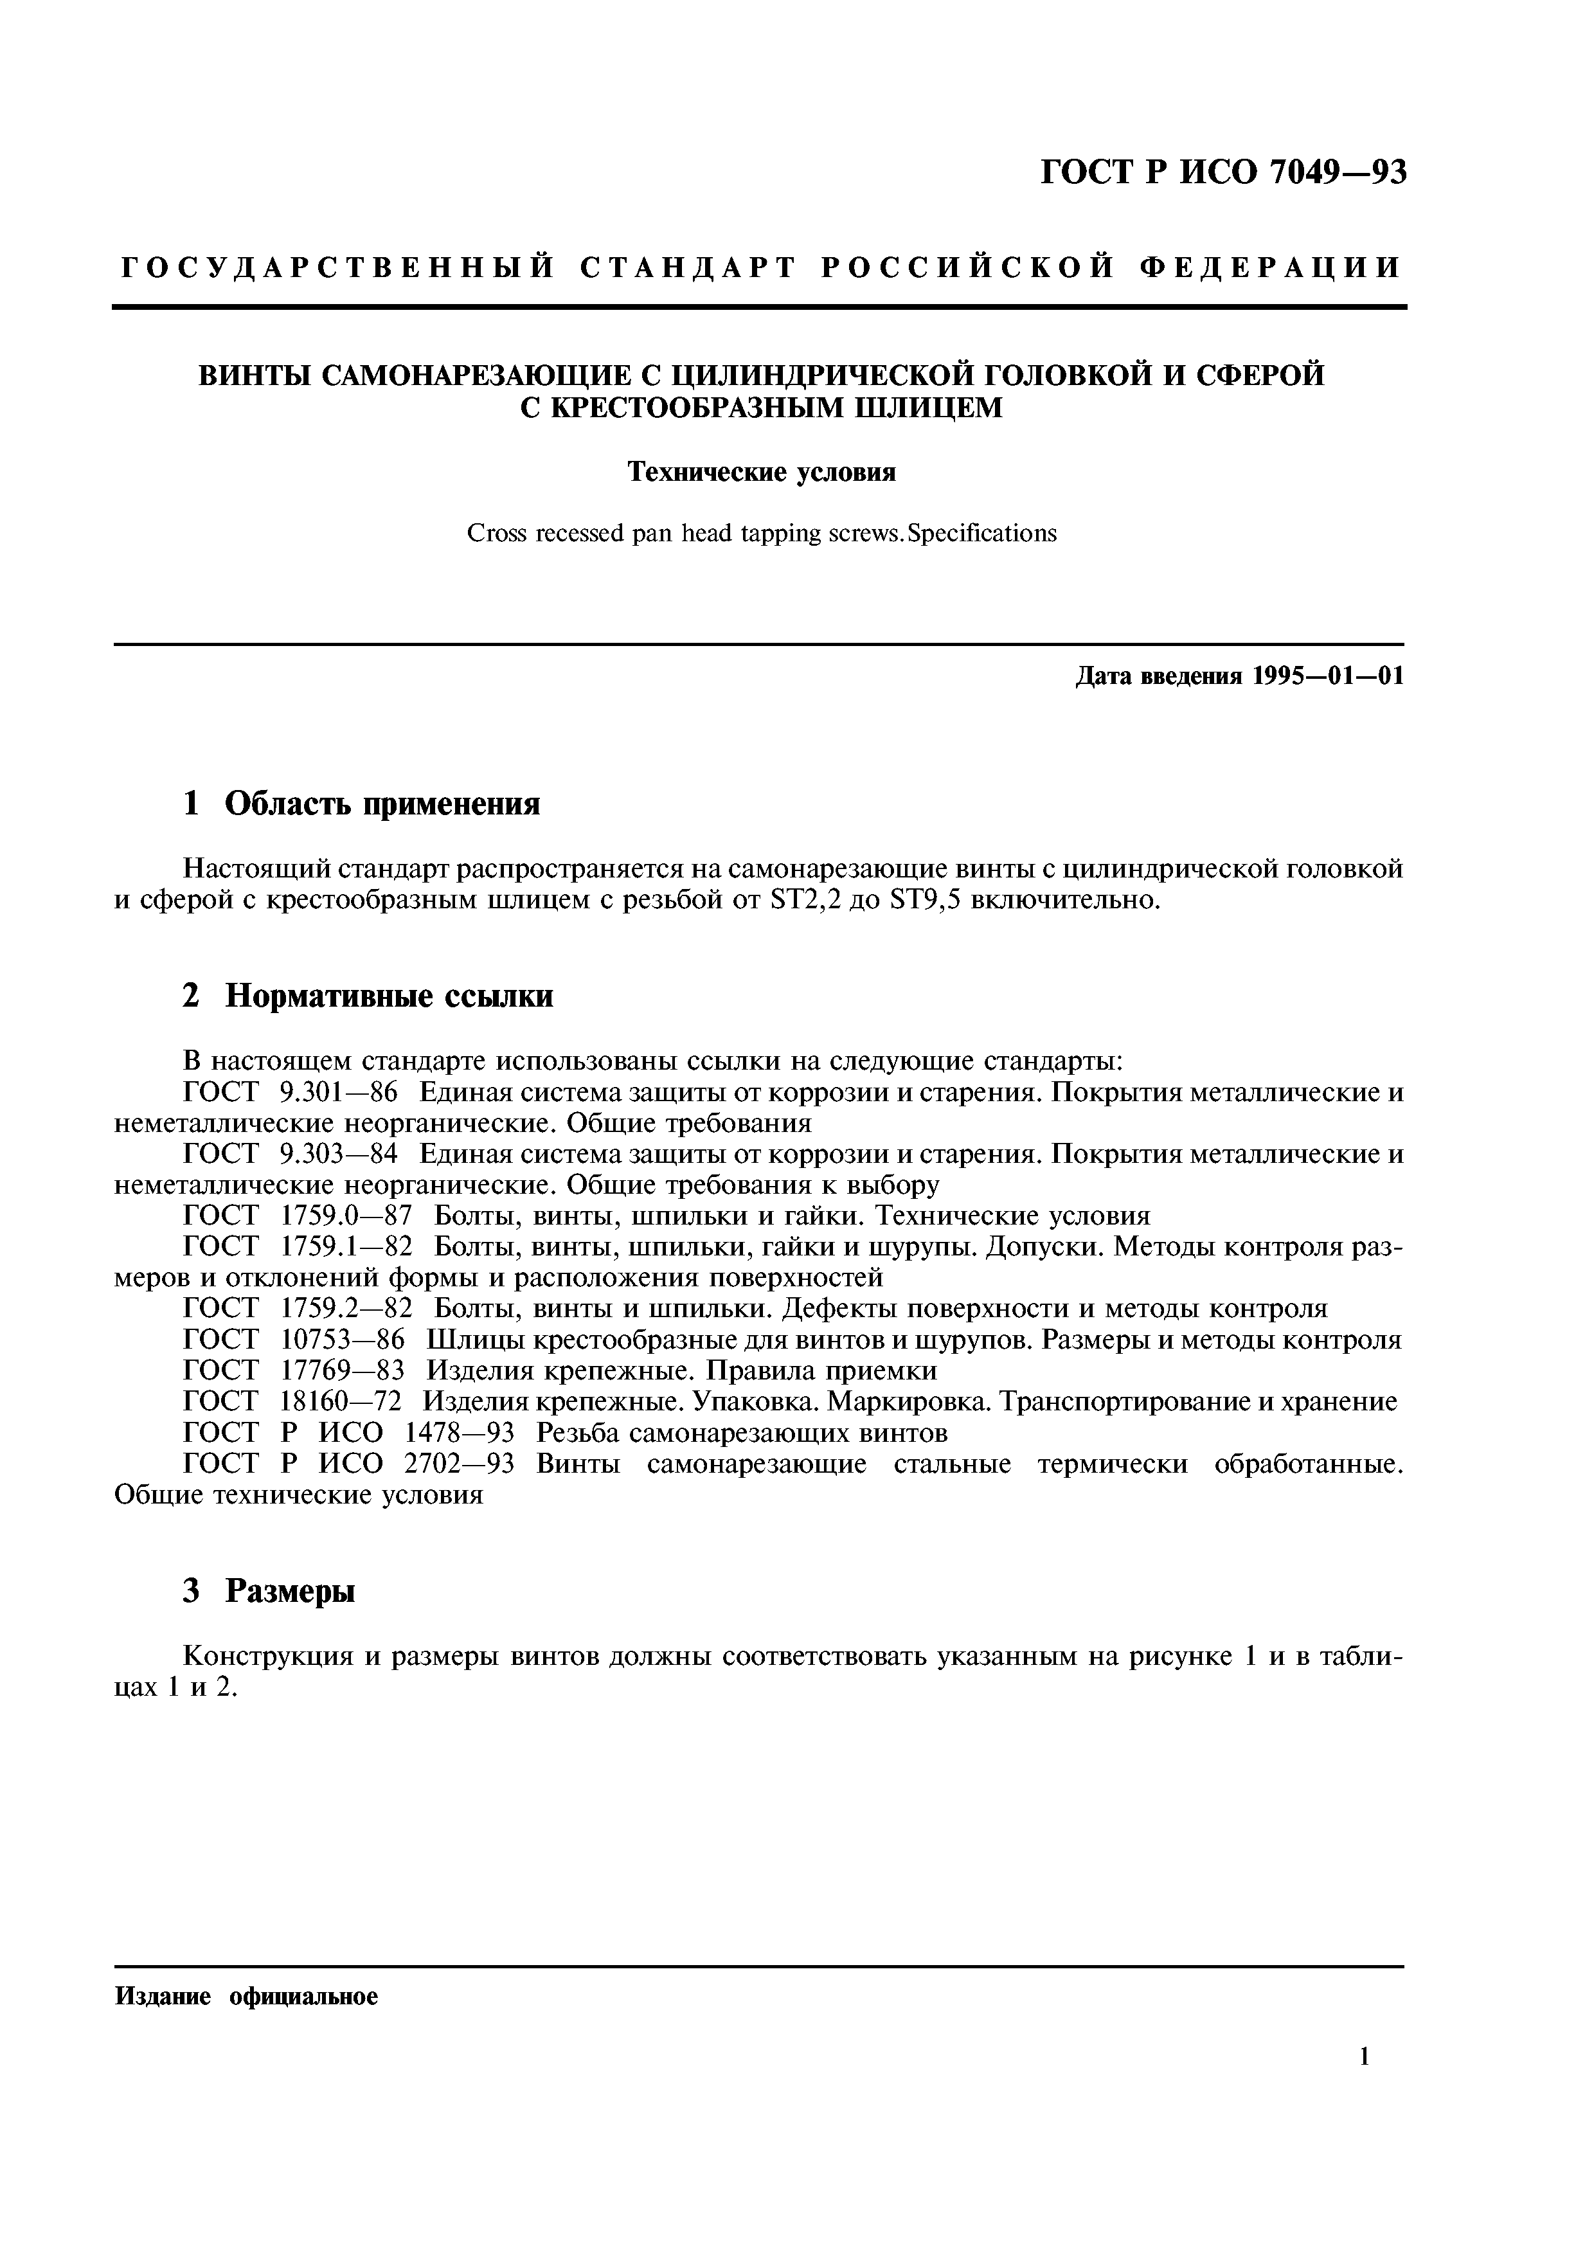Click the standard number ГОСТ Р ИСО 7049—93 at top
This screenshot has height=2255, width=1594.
click(x=1222, y=173)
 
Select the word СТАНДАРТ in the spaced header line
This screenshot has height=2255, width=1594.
click(x=686, y=268)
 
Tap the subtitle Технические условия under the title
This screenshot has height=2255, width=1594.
click(x=762, y=472)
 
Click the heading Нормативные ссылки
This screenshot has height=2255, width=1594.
click(x=389, y=996)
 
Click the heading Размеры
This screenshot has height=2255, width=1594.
click(x=290, y=1590)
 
